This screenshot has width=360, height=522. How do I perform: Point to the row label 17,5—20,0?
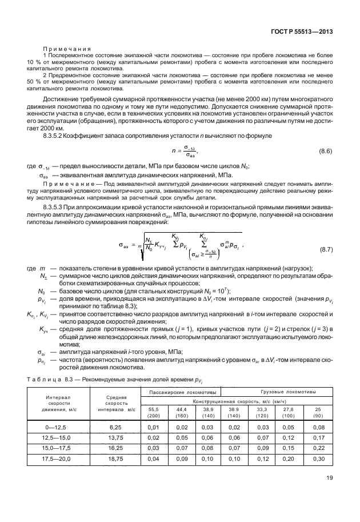pyautogui.click(x=57, y=459)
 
